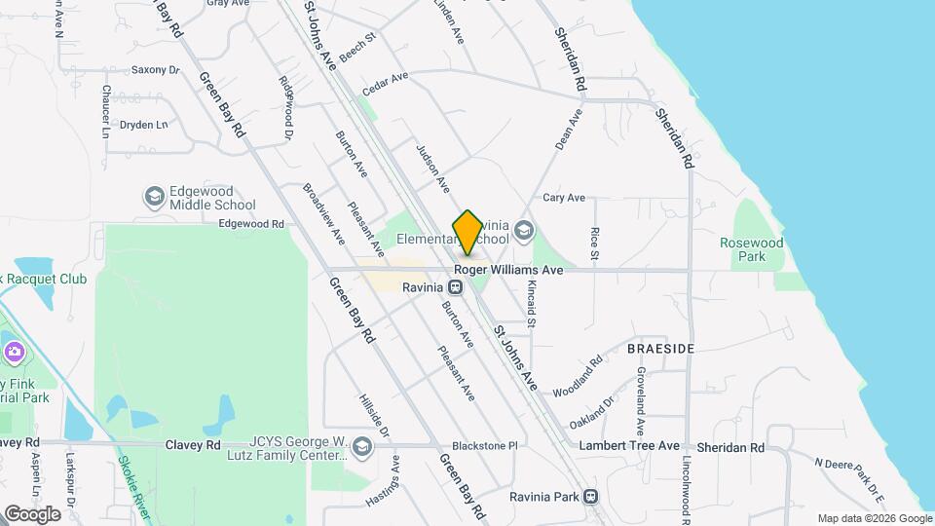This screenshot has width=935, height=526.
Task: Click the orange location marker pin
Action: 467,232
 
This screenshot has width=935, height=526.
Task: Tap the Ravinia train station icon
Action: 455,288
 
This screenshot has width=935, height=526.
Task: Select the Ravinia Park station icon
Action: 590,496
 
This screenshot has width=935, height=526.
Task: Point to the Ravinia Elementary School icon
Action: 524,231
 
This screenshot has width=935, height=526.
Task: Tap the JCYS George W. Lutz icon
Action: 362,447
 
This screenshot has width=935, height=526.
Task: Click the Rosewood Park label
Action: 751,249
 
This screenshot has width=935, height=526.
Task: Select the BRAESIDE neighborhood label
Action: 660,349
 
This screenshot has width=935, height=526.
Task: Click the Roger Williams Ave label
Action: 508,270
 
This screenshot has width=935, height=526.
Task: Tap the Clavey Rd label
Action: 200,444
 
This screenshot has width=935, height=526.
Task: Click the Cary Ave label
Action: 564,198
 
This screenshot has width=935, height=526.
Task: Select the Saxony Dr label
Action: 156,70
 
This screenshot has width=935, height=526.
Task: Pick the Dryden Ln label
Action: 143,125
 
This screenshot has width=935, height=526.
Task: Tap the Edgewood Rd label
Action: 250,224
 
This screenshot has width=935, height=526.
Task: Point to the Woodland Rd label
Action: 578,376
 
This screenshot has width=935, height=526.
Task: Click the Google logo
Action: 32,513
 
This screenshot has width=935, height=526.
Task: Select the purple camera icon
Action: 14,351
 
